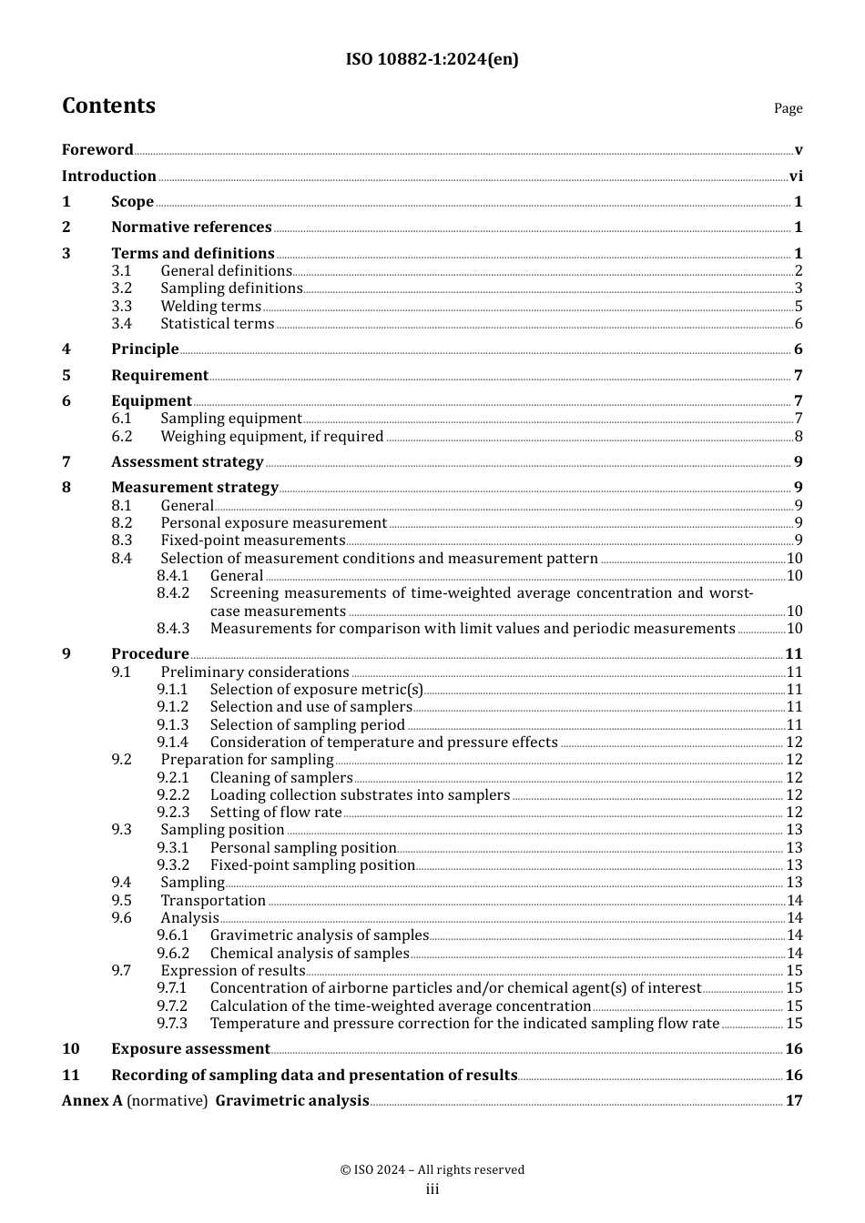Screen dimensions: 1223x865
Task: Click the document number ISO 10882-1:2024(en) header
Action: click(432, 59)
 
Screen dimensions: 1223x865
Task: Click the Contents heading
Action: click(108, 106)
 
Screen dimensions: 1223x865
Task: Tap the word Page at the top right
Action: click(788, 108)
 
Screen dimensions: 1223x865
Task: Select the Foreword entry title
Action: click(97, 150)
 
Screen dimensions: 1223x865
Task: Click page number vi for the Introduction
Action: click(796, 177)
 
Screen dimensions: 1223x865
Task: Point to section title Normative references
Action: click(191, 227)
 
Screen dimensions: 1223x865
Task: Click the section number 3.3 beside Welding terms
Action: click(121, 307)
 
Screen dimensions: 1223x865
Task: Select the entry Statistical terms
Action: click(217, 324)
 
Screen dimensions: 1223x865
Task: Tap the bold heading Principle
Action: click(145, 349)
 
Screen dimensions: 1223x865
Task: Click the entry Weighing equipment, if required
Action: click(271, 437)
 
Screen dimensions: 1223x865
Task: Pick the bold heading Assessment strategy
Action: click(187, 462)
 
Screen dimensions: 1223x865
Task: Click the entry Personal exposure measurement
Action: click(273, 523)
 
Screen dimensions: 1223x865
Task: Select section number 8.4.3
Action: click(173, 629)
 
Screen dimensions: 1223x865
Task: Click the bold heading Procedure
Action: click(149, 654)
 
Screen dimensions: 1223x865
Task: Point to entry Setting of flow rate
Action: click(276, 813)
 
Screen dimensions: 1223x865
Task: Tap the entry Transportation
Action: click(213, 901)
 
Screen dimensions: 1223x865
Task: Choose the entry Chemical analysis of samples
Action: click(310, 954)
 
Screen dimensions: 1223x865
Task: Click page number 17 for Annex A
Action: click(794, 1101)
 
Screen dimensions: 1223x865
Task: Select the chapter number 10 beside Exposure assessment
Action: click(71, 1049)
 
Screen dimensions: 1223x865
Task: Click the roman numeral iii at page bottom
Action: click(432, 1189)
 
